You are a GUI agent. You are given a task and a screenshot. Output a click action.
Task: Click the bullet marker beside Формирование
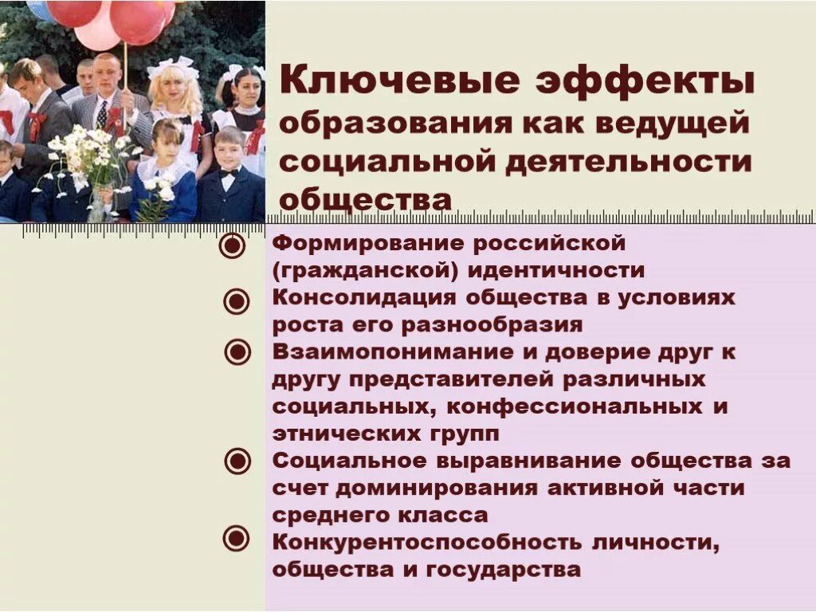point(233,245)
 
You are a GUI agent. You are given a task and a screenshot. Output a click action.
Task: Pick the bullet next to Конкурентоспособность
point(235,539)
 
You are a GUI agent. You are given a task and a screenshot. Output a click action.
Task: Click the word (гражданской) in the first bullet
point(366,270)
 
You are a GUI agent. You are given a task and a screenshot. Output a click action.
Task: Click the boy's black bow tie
point(229,173)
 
